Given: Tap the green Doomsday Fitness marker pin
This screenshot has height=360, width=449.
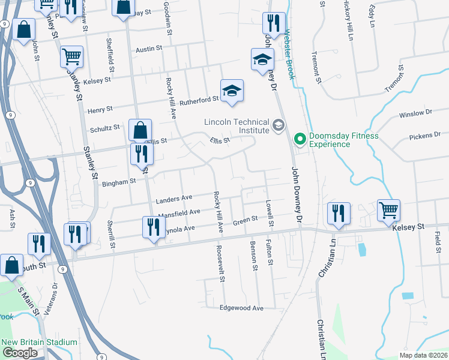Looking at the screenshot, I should [300, 140].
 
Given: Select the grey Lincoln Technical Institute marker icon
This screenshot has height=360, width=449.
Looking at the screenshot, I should [278, 125].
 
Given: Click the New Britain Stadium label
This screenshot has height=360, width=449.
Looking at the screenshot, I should [40, 343].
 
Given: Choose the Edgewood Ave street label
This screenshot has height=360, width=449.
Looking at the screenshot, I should [241, 308].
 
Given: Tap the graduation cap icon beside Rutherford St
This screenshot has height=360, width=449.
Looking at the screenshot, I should [232, 91].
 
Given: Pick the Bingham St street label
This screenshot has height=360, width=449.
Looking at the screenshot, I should [119, 182].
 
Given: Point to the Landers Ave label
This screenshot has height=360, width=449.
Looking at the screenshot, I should [173, 198].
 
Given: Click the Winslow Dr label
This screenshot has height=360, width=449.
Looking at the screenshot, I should [420, 112].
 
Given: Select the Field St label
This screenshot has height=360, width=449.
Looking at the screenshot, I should [438, 241].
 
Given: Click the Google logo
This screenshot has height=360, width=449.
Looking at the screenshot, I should [20, 353].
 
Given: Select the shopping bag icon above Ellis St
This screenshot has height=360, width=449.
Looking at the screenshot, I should [140, 130].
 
